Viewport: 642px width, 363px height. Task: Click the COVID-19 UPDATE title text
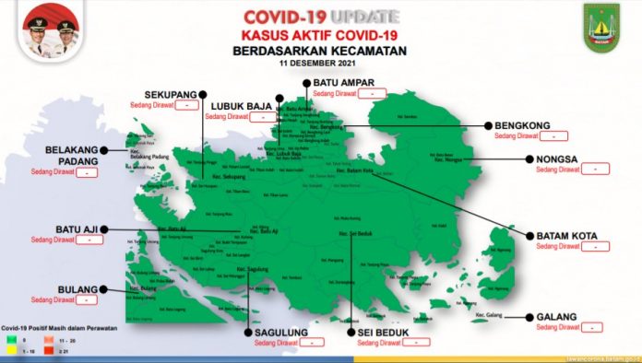click(320, 16)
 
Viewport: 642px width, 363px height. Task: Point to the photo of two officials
click(45, 29)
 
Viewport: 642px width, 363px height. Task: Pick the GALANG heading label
click(557, 317)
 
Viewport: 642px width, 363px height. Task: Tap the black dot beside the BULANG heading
click(103, 289)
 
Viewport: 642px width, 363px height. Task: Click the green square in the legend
click(13, 340)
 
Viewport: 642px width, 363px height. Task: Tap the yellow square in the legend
click(13, 351)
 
